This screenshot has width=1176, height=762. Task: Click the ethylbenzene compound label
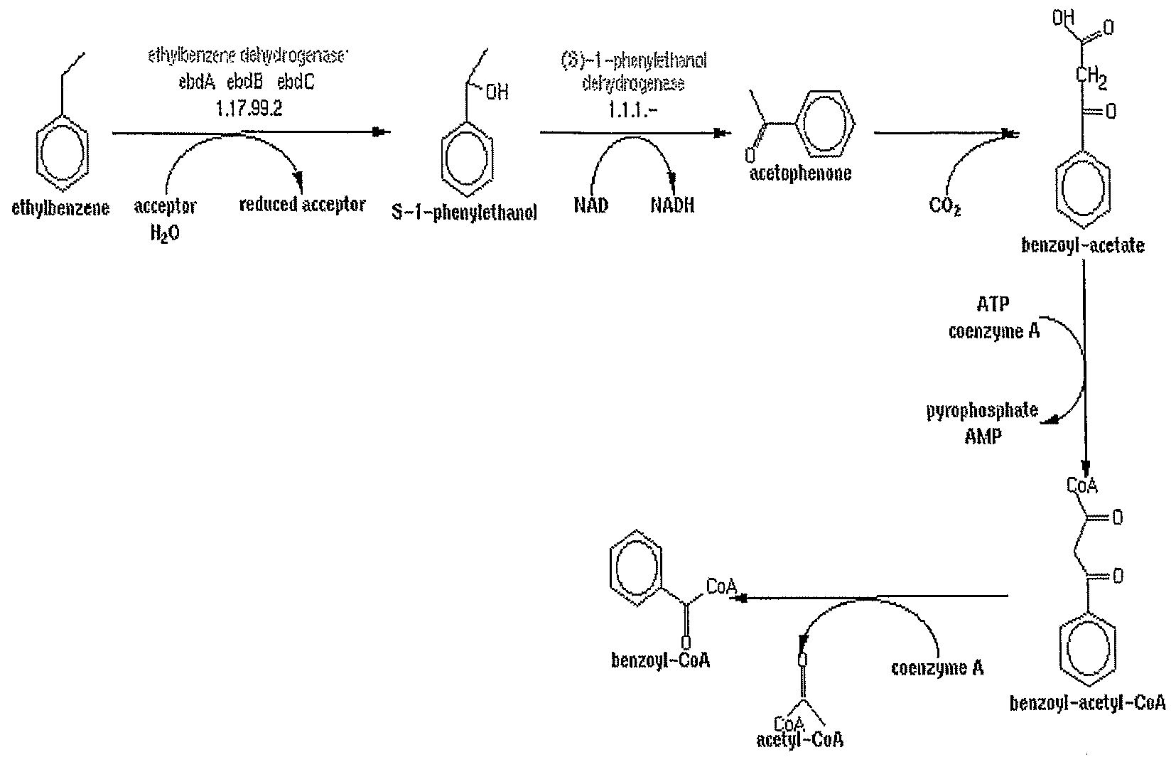pos(61,208)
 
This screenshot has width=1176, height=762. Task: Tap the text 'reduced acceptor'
pos(302,205)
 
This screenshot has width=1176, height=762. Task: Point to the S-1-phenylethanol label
pos(465,213)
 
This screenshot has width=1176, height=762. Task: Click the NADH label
pos(671,206)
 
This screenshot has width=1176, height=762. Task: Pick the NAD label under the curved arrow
pos(591,206)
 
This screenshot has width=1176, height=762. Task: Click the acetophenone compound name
pos(800,173)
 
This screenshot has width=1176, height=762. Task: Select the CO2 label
pos(945,207)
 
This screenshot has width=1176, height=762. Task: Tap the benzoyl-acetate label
pos(1082,246)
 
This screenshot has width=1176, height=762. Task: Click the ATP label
pos(993,305)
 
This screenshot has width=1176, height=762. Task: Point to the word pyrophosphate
pos(981,411)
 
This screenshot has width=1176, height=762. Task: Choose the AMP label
pos(983,436)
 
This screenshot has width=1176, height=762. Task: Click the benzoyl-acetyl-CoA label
pos(1087,703)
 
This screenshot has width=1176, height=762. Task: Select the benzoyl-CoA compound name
pos(660,660)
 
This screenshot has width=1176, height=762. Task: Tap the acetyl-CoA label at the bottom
pos(799,740)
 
